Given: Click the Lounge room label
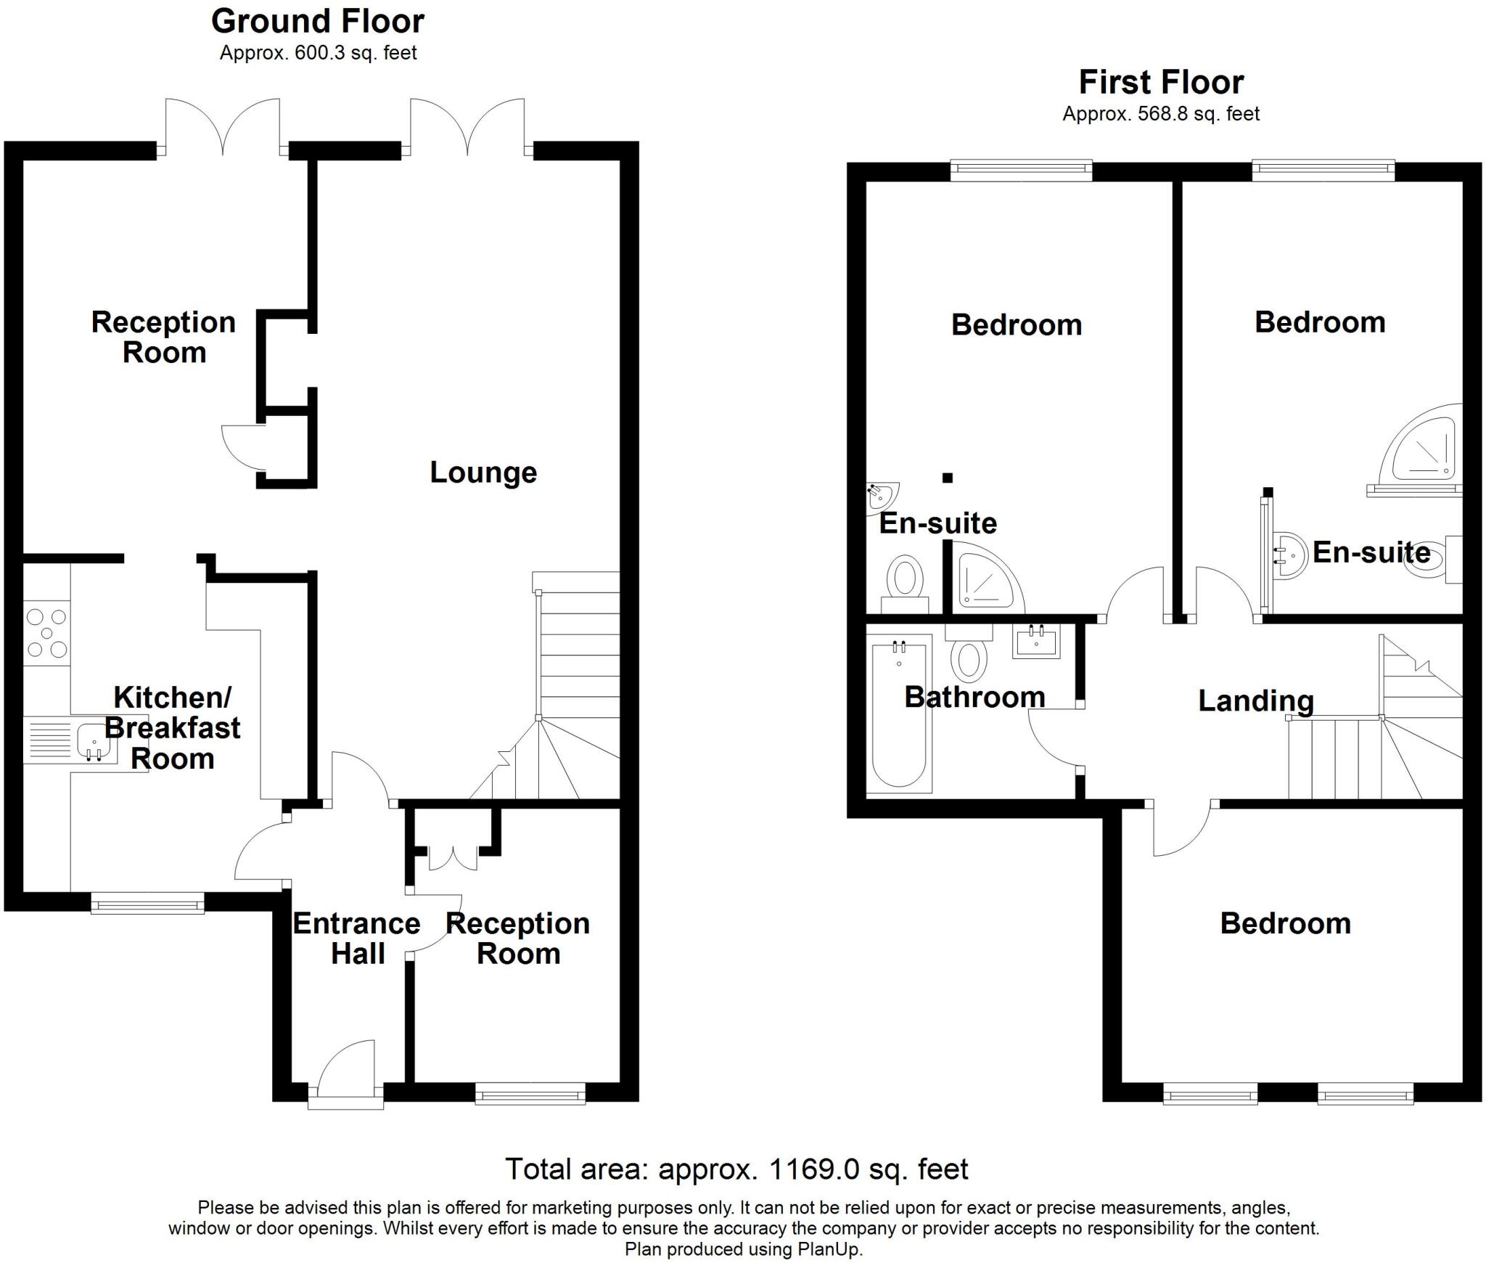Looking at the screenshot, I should [x=483, y=473].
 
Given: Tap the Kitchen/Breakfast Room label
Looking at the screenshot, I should [x=173, y=728].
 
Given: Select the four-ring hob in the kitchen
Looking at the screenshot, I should [x=46, y=633].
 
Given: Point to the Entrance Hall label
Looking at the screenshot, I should [x=356, y=938].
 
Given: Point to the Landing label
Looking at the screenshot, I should [x=1255, y=701].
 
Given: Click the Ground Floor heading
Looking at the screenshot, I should [x=318, y=22].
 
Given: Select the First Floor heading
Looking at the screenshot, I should [x=1161, y=82].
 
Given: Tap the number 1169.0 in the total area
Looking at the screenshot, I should [x=814, y=1169].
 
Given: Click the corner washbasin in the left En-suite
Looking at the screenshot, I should [x=879, y=496].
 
